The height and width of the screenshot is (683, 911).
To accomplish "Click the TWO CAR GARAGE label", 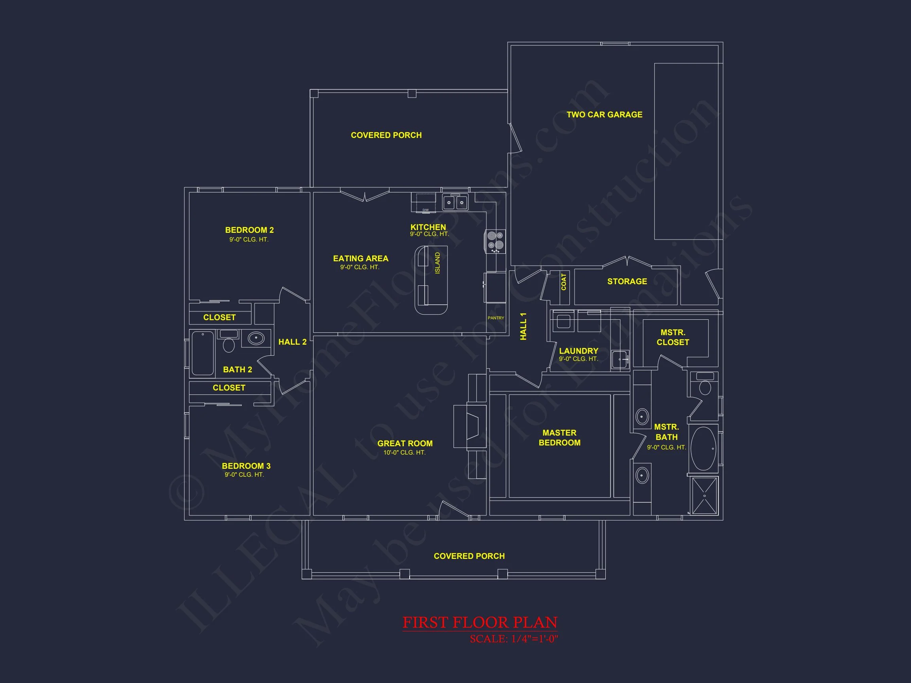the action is click(x=604, y=115).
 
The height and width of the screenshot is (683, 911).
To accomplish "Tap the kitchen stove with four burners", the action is click(x=495, y=241).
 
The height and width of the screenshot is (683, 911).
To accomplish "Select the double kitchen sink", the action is click(x=455, y=202).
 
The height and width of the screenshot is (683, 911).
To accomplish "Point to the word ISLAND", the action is click(x=437, y=263).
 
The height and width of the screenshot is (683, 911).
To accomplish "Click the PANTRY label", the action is click(x=496, y=318).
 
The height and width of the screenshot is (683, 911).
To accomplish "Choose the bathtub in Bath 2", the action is click(x=202, y=353).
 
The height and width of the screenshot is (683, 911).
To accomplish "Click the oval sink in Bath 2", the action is click(x=256, y=338).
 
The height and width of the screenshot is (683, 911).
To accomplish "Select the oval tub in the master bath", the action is click(x=704, y=448).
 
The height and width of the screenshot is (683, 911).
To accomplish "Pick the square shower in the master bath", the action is click(x=704, y=496).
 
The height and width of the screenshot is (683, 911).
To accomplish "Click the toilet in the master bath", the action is click(x=705, y=384).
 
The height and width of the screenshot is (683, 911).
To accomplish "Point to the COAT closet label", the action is click(x=563, y=282).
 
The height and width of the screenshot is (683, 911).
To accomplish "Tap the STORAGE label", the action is click(x=627, y=281).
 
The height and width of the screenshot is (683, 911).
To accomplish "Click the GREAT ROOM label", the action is click(x=405, y=443).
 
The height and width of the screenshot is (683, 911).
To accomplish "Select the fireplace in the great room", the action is click(x=470, y=426).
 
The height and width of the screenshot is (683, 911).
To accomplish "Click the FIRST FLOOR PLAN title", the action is click(x=480, y=623).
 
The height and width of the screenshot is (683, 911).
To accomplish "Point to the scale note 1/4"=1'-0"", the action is click(x=535, y=639).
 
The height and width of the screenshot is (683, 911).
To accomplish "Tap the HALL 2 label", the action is click(x=293, y=342).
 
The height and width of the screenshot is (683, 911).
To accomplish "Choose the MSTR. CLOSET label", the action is click(x=673, y=337).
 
